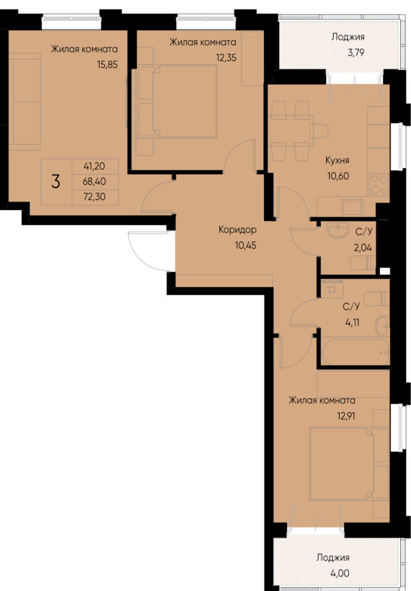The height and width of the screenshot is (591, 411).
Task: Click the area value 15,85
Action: (x=106, y=64)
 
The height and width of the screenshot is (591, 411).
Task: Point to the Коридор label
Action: (x=237, y=230)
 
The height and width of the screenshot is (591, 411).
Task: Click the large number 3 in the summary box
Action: (x=56, y=181)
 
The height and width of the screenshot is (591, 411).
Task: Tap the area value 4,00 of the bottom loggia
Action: (x=332, y=572)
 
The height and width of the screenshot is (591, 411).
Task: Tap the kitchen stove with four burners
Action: (x=379, y=185)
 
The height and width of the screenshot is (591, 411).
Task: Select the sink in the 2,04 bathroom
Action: (x=335, y=232)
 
